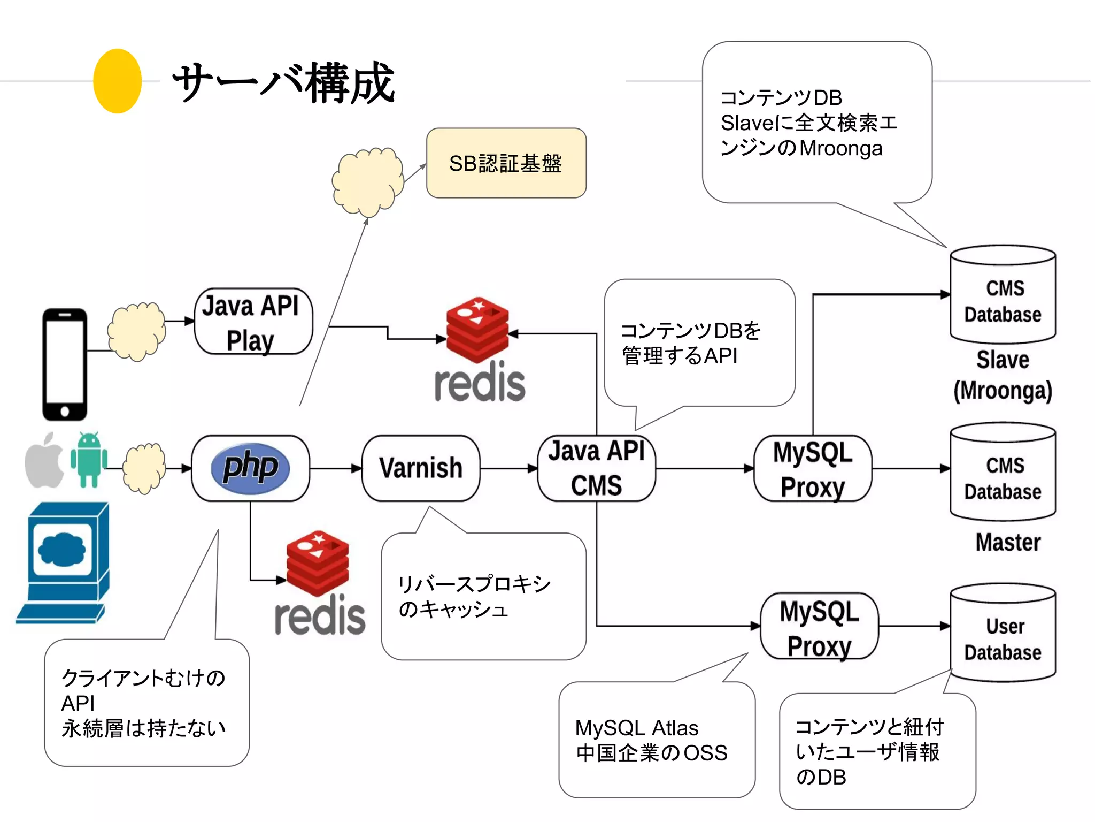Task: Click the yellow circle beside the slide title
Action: point(117,81)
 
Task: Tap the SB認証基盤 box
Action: point(506,163)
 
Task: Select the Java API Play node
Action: point(253,322)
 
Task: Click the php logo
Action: point(250,468)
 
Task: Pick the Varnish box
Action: point(421,468)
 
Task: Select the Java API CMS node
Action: point(596,468)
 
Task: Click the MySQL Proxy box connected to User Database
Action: point(819,626)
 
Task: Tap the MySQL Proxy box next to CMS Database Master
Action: point(813,468)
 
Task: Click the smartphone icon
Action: point(65,364)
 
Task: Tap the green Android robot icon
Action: point(89,460)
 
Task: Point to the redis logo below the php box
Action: point(319,583)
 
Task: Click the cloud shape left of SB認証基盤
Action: point(367,181)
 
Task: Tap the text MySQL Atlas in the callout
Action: point(636,728)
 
